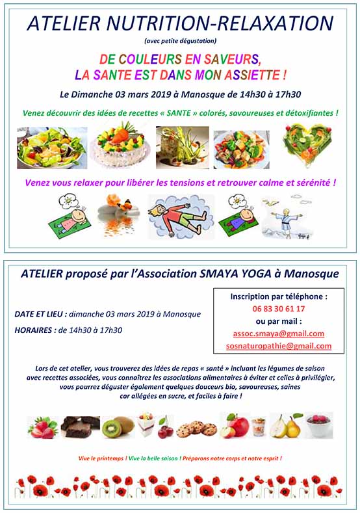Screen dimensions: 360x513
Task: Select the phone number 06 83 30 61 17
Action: [x=278, y=309]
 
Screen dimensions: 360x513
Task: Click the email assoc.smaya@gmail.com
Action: [x=278, y=334]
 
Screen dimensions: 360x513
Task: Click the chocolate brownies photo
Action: [x=81, y=426]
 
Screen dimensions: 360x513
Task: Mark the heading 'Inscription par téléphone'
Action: [x=277, y=296]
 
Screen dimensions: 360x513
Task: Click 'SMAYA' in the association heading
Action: [x=214, y=274]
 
